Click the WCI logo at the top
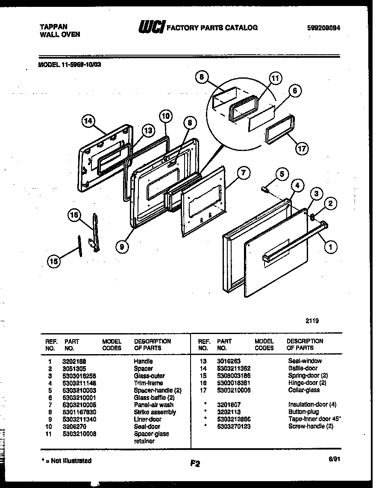pyautogui.click(x=150, y=28)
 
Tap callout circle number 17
pyautogui.click(x=302, y=148)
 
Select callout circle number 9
pyautogui.click(x=122, y=245)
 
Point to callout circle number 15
pyautogui.click(x=53, y=262)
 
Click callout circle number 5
pyautogui.click(x=281, y=174)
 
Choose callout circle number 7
pyautogui.click(x=242, y=173)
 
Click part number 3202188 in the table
pyautogui.click(x=77, y=361)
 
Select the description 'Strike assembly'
pyautogui.click(x=155, y=412)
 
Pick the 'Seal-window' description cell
pyautogui.click(x=305, y=361)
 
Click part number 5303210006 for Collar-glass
pyautogui.click(x=233, y=390)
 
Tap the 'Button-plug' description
pyautogui.click(x=303, y=412)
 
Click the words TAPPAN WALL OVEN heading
pyautogui.click(x=57, y=30)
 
